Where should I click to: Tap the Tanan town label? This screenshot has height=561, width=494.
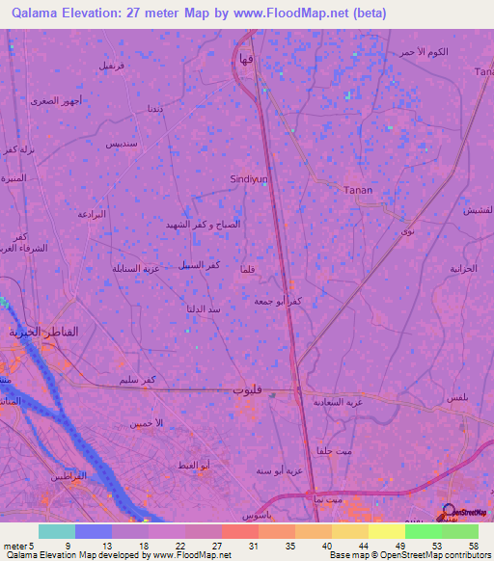(358, 190)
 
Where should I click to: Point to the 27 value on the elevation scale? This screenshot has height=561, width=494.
(218, 545)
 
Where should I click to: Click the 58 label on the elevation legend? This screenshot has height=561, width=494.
(474, 545)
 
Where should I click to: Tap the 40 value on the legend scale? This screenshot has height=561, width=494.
(328, 545)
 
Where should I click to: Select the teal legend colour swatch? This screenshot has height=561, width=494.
(56, 531)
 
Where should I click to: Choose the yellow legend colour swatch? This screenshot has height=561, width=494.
(386, 531)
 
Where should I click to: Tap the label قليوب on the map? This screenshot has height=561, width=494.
(246, 388)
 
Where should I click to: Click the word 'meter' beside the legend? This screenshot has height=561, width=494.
(14, 545)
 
